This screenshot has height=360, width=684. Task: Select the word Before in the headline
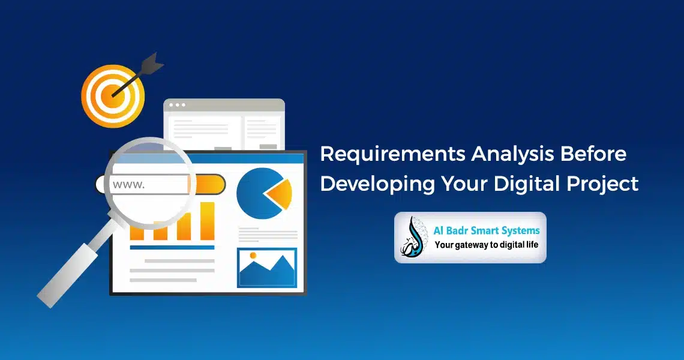point(593,154)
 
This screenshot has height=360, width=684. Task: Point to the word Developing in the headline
point(377,184)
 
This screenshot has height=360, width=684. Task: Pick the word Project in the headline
point(602,184)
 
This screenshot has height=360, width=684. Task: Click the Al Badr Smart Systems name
point(487,231)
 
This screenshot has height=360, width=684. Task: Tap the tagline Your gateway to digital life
point(487,245)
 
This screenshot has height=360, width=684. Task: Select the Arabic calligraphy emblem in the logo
point(413,238)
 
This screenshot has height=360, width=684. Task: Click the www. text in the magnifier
point(128,184)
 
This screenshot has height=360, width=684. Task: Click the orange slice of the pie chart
point(280,193)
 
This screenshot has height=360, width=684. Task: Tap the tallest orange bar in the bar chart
point(207,221)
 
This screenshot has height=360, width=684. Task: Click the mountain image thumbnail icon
point(267,268)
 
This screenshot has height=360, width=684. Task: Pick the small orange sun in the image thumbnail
point(253,255)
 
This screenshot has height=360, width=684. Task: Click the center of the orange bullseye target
point(113,95)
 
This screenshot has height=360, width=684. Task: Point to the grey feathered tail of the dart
point(152,63)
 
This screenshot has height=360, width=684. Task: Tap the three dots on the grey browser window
point(177,105)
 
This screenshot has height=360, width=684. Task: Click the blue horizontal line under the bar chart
point(172,247)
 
